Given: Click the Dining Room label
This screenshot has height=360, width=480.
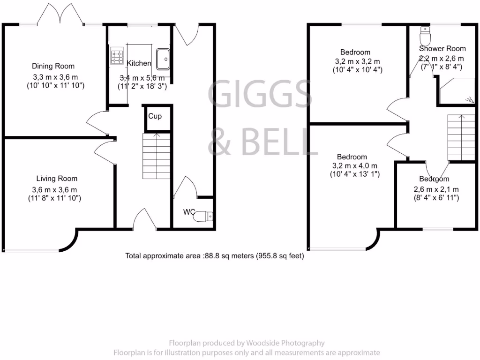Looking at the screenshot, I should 53,66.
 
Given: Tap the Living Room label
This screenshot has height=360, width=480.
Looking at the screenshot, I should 57,179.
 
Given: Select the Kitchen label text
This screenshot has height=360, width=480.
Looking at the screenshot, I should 139,63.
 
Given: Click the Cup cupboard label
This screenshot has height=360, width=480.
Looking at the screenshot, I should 155,116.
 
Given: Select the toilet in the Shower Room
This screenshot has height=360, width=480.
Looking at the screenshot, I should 425,36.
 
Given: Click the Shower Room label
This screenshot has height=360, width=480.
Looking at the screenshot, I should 442,49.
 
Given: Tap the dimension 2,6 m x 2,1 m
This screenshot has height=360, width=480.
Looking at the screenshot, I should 435,189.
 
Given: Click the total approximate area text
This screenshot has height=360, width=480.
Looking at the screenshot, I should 214,256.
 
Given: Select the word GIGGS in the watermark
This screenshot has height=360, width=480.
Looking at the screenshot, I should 260,94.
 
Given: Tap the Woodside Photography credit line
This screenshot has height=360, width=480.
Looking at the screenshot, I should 246,343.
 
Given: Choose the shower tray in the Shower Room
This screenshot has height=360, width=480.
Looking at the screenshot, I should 455,91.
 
